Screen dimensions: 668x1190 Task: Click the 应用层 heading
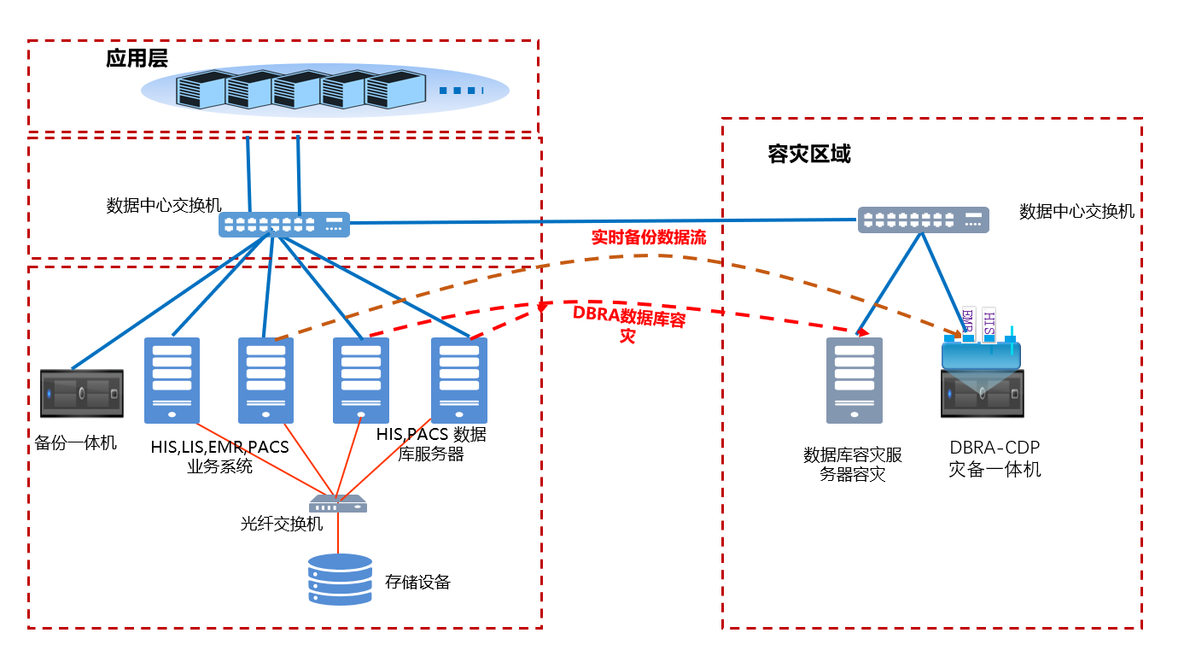click(137, 58)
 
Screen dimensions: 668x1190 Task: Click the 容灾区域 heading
click(808, 155)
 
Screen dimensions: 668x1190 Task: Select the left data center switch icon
click(283, 225)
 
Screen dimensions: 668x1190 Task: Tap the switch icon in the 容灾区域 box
click(923, 220)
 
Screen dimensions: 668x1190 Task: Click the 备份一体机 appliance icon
click(82, 394)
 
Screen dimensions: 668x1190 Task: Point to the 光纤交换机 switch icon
click(338, 503)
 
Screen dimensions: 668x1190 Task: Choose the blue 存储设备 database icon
click(341, 579)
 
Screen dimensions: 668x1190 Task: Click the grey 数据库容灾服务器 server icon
click(854, 380)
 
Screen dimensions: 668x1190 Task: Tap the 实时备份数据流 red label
click(649, 237)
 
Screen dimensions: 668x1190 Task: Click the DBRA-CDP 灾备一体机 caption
click(995, 459)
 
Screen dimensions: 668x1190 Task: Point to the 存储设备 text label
click(417, 583)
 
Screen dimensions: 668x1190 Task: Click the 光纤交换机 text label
click(282, 524)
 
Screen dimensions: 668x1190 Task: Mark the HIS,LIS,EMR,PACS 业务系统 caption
click(219, 456)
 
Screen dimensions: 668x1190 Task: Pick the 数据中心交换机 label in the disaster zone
click(1076, 211)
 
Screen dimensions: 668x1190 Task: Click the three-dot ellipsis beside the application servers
click(461, 91)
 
